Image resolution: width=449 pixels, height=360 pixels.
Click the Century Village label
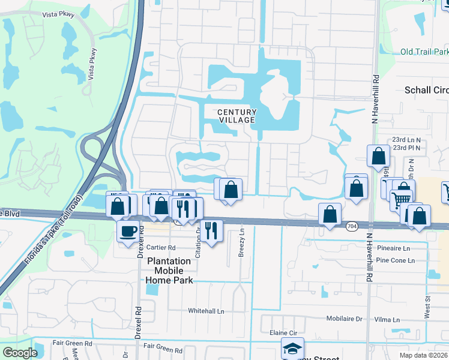pyautogui.click(x=237, y=116)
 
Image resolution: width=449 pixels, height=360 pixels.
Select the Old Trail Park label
pyautogui.click(x=424, y=52)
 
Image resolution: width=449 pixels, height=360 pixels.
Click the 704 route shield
pyautogui.click(x=352, y=226)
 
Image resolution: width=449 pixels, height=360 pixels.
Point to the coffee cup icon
pyautogui.click(x=127, y=230)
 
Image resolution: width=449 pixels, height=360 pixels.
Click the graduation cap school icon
pyautogui.click(x=292, y=349)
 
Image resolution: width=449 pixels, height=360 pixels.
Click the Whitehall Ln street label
pyautogui.click(x=206, y=311)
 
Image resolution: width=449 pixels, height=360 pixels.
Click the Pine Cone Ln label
pyautogui.click(x=395, y=260)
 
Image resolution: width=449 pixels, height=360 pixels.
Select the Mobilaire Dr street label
pyautogui.click(x=345, y=319)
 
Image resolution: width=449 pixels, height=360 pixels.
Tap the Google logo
pyautogui.click(x=20, y=353)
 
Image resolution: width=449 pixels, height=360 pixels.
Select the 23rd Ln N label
pyautogui.click(x=406, y=139)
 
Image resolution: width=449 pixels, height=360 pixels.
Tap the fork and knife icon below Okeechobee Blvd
pyautogui.click(x=211, y=230)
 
